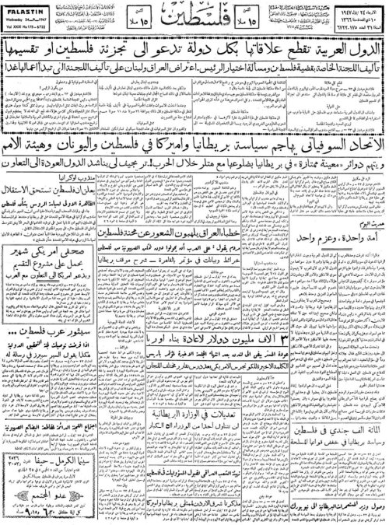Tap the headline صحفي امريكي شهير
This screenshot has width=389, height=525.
[43, 252]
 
